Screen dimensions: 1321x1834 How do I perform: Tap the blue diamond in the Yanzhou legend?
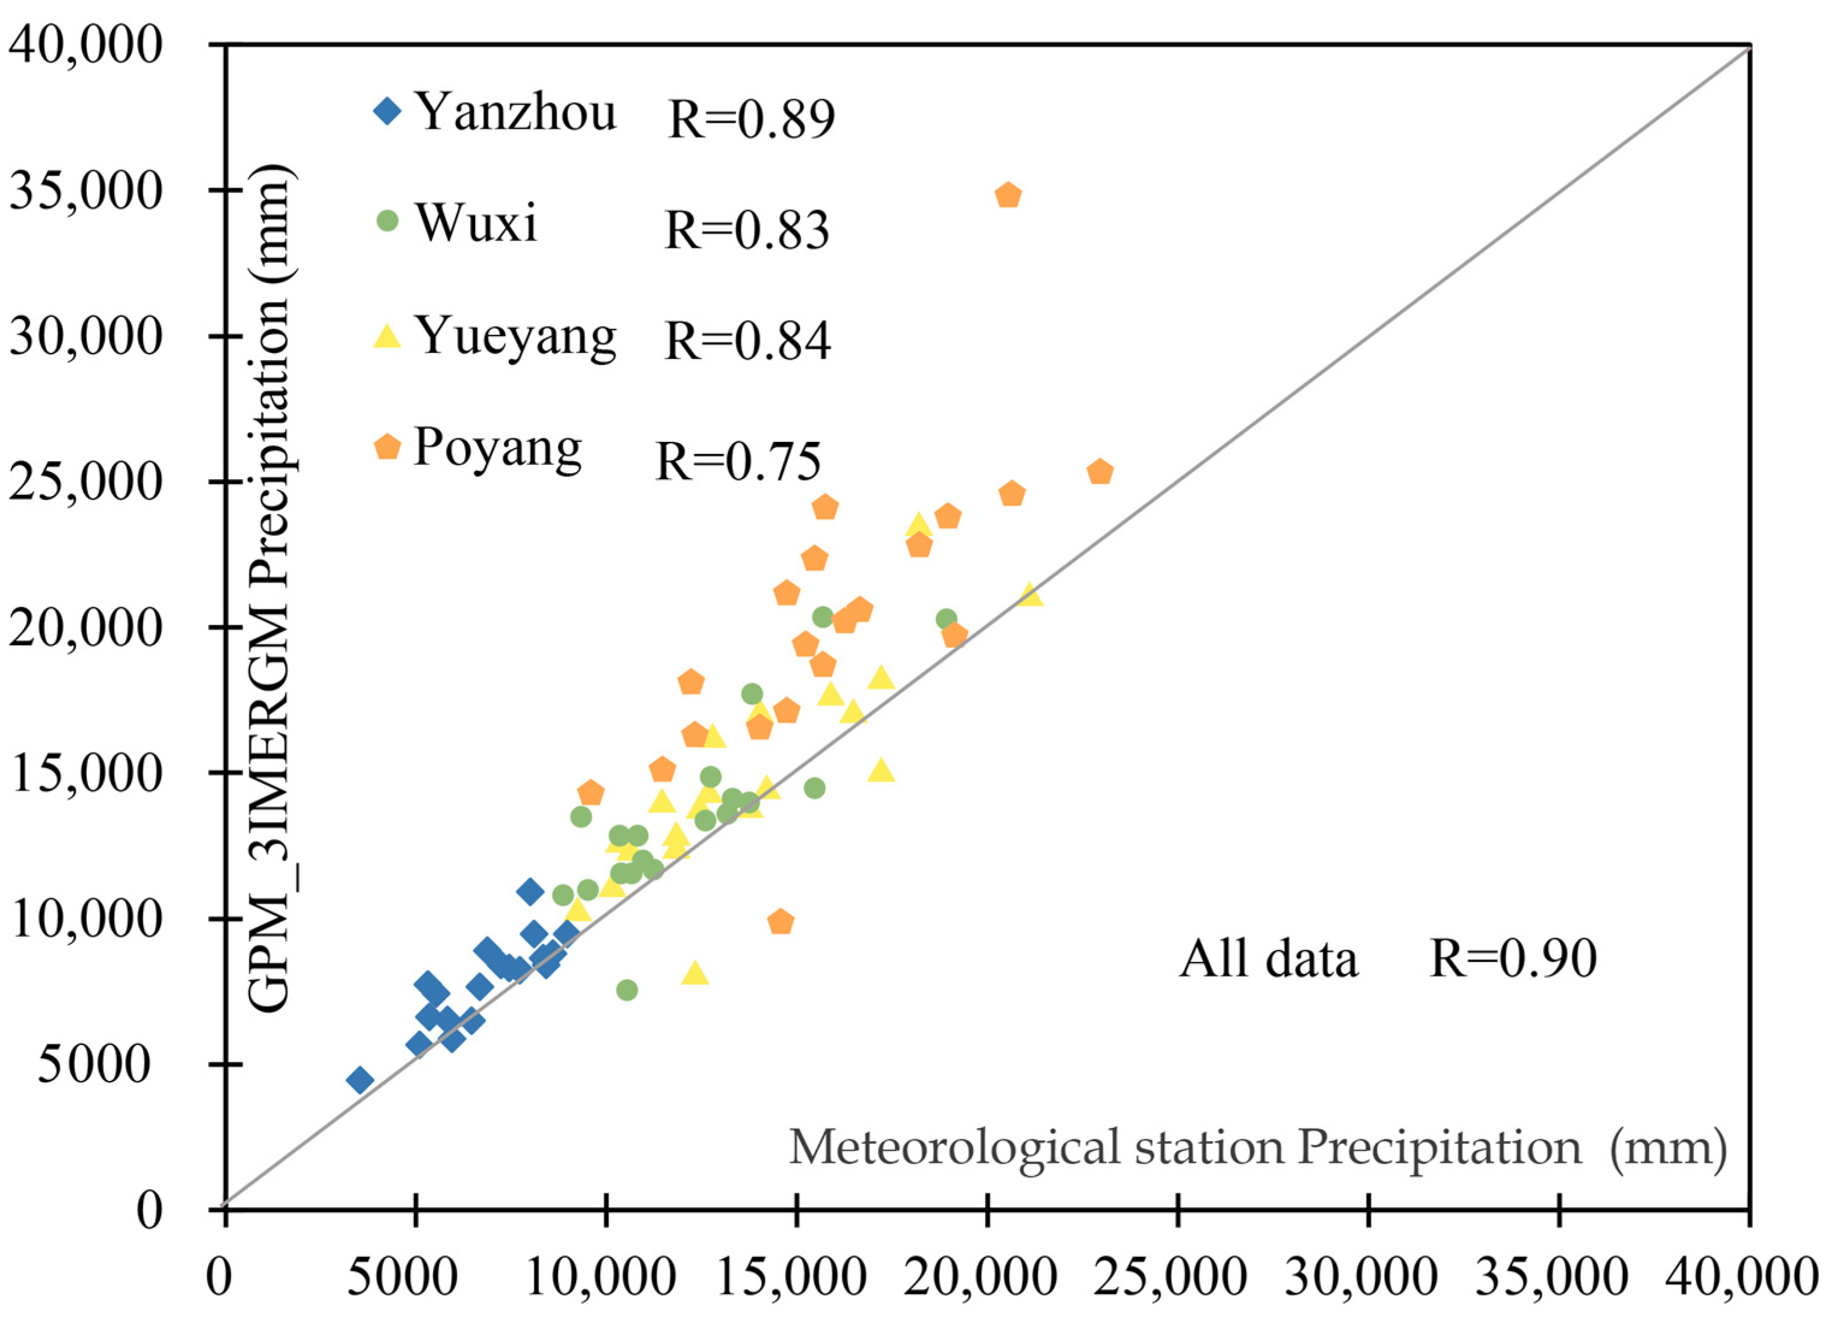click(388, 110)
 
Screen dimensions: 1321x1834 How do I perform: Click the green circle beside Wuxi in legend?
click(388, 221)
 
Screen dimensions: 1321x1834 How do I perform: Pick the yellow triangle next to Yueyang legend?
click(388, 336)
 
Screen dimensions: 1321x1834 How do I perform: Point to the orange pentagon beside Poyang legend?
click(388, 446)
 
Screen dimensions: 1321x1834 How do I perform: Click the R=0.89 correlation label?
click(751, 120)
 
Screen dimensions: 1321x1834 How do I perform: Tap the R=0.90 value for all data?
click(1512, 960)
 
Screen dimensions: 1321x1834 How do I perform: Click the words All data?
click(1268, 960)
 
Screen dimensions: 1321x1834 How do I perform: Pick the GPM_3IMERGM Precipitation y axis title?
click(269, 590)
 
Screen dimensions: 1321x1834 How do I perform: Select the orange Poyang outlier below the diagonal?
click(781, 922)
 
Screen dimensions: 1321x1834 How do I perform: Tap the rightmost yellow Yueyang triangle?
click(1030, 596)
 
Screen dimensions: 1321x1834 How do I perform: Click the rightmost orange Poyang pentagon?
click(1100, 472)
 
